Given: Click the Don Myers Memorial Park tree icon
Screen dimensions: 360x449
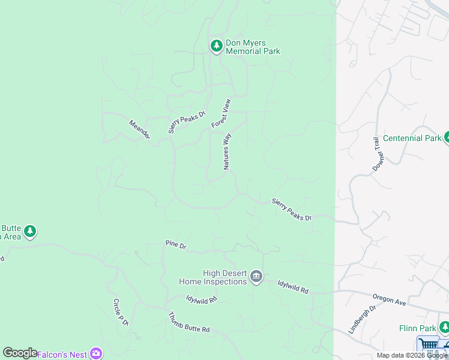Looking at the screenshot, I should pos(216,46).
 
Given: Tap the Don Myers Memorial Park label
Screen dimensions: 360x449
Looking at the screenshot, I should pos(253,47).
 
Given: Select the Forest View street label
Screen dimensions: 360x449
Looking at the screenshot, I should pos(221,113).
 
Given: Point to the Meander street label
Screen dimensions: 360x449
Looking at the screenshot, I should pos(139,130).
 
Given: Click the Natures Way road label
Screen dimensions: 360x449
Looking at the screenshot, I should pos(227,151).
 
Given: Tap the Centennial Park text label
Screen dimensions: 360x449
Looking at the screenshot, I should pos(412,138).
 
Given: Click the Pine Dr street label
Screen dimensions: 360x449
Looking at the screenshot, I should pos(176,245).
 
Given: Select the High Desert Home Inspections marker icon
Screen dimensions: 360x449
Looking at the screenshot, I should pos(256,276).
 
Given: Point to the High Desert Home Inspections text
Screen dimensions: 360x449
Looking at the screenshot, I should pos(213,277).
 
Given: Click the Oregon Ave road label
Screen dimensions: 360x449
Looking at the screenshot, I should pos(389,299).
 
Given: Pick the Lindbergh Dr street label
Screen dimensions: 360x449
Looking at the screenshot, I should pos(361,320).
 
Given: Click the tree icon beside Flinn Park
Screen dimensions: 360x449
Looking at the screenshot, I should pos(444,328).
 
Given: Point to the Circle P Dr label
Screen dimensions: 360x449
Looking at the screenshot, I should pos(121,312).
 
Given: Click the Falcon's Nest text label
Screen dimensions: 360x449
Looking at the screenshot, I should pos(62,354).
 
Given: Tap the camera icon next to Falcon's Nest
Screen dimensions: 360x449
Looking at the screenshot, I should pos(95,353).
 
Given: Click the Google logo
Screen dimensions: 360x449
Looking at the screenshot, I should pos(20,353).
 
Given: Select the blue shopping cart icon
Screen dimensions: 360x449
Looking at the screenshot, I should pos(428,345).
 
